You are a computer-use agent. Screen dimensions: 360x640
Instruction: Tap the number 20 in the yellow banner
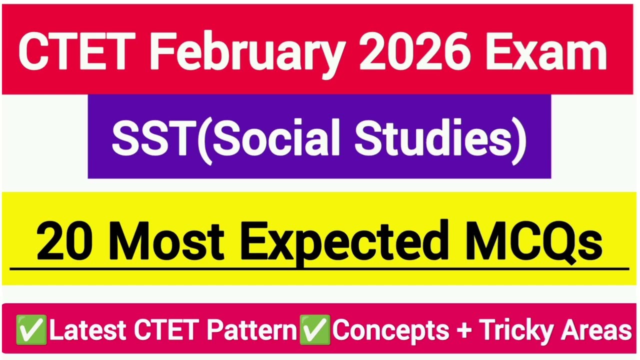tap(63, 242)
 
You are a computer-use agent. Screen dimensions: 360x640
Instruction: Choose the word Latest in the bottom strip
tap(87, 330)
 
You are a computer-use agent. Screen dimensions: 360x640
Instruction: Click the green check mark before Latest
tap(31, 330)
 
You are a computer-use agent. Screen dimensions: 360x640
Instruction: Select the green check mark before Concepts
tap(314, 330)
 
